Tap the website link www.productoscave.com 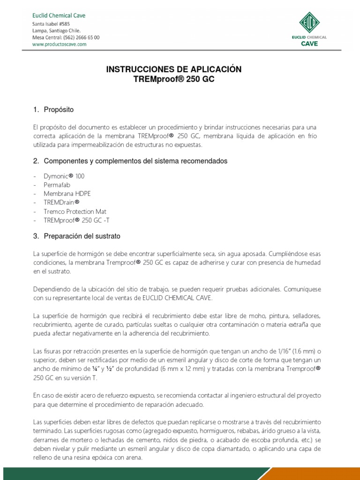click(x=59, y=44)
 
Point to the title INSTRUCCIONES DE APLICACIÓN click(x=174, y=69)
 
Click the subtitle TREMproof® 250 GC click(x=174, y=79)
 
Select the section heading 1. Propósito click(x=53, y=110)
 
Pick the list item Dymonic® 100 click(x=64, y=176)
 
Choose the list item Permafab click(x=57, y=185)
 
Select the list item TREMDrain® click(x=61, y=202)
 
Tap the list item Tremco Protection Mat click(x=75, y=211)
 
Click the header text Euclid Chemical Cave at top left click(x=59, y=15)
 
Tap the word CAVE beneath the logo click(x=309, y=44)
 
